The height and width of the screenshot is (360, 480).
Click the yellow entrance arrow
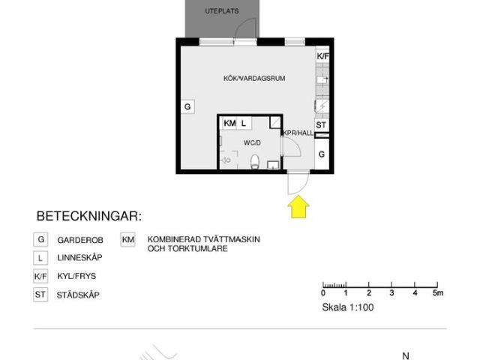tap(298, 207)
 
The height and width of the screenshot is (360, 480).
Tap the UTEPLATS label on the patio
tap(222, 11)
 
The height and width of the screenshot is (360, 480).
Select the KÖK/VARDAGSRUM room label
tap(254, 78)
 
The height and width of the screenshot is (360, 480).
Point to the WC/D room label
tap(252, 142)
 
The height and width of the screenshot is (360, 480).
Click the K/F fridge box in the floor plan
tap(322, 56)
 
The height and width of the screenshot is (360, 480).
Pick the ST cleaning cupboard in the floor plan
tap(322, 125)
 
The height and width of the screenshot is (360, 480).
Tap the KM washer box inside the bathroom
tap(229, 123)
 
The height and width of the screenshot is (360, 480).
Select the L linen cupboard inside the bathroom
tap(244, 123)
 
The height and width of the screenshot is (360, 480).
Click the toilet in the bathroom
tap(255, 162)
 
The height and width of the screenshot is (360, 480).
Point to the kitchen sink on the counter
tap(322, 80)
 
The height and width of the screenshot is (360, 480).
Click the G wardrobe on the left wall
tap(187, 106)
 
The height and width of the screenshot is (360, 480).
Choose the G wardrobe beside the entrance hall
tap(322, 154)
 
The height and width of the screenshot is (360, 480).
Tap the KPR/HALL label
tap(298, 133)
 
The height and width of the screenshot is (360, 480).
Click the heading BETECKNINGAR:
tap(89, 216)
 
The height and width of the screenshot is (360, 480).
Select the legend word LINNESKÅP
tap(79, 258)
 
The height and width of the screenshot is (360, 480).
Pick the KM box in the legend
tap(128, 240)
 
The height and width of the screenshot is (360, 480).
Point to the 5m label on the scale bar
tap(438, 293)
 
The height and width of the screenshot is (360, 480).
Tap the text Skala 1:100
tap(348, 307)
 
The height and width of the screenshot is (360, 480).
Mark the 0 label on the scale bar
tap(323, 293)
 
